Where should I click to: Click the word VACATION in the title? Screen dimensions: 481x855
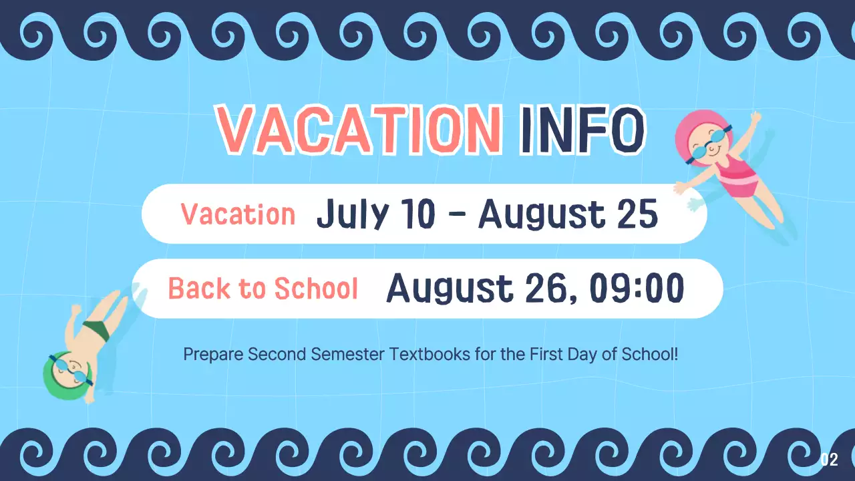coord(359,129)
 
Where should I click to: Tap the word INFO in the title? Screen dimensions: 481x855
coord(582,129)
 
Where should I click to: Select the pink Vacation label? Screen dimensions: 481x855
coord(238,214)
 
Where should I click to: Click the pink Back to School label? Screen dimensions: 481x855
coord(263,289)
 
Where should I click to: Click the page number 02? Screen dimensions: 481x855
coord(829,460)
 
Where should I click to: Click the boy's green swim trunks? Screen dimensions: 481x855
coord(96,331)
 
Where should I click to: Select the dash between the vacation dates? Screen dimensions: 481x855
coord(458,215)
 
